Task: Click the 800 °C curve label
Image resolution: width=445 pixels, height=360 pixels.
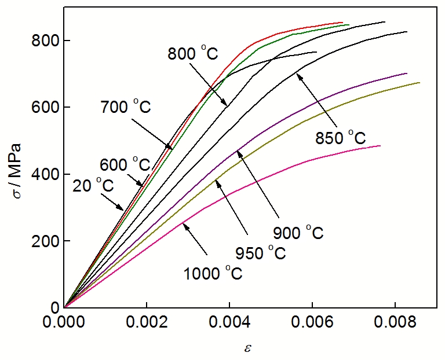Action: [193, 54]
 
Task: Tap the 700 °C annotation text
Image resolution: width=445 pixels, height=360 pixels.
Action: [125, 107]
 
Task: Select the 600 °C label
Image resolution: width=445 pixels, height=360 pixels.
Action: [125, 164]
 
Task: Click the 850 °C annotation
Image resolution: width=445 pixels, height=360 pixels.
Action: [341, 138]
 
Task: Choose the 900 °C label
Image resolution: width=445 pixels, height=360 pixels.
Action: [298, 233]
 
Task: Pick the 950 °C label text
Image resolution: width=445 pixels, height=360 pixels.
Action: [261, 252]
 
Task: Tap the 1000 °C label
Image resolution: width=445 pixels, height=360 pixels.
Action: [213, 273]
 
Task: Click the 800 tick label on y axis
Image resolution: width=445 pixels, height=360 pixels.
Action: [43, 41]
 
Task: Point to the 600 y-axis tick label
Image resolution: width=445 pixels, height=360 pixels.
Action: [43, 108]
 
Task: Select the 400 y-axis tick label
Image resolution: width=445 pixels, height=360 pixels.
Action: [43, 174]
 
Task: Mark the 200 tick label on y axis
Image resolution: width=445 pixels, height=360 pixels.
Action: [43, 241]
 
